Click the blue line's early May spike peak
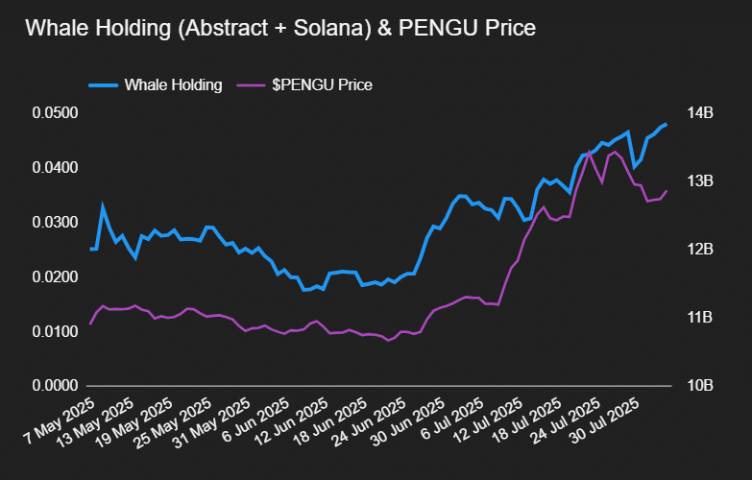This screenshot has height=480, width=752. pyautogui.click(x=103, y=205)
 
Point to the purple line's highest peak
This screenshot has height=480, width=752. pyautogui.click(x=590, y=152)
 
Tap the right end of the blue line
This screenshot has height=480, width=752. pyautogui.click(x=667, y=124)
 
